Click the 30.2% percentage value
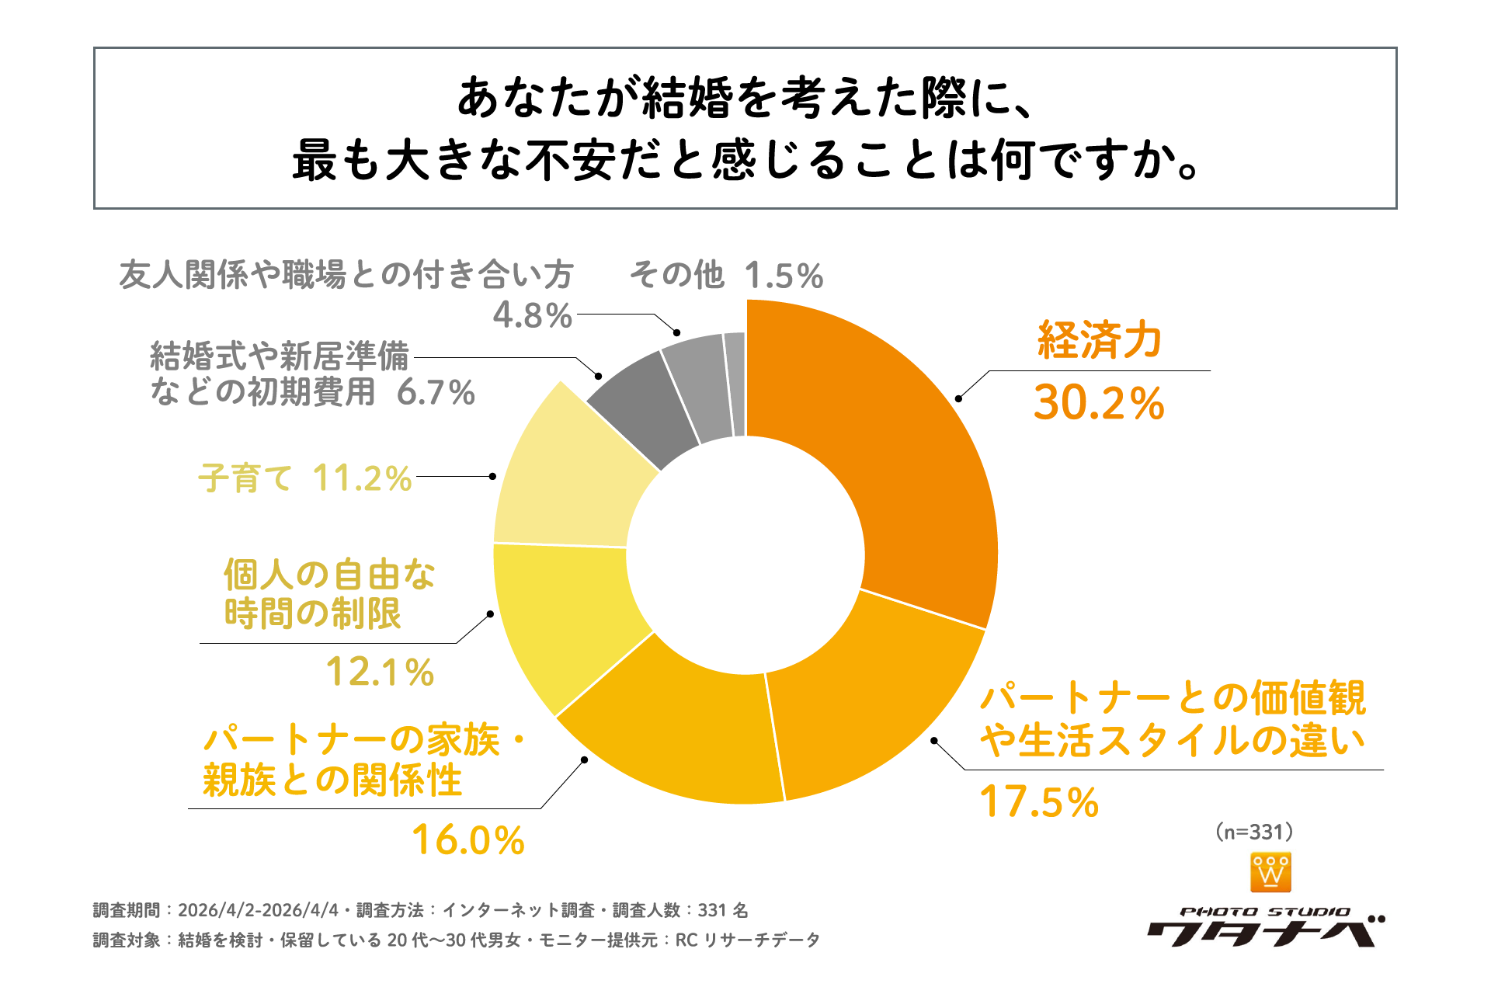point(1099,404)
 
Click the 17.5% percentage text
point(1039,802)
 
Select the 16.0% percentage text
point(468,840)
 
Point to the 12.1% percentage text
point(380,673)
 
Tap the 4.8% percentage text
point(533,315)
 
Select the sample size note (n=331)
point(1255,832)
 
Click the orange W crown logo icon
point(1271,872)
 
